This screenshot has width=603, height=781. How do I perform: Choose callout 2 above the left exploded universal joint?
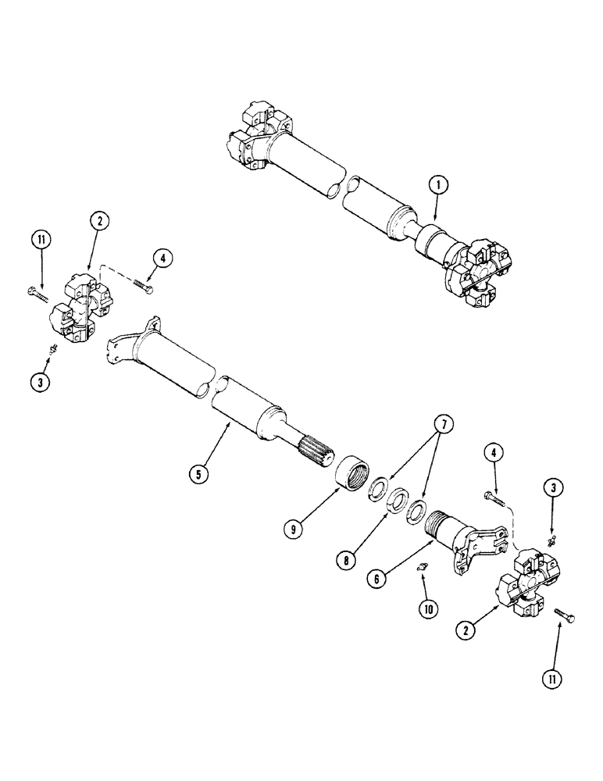click(x=99, y=222)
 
